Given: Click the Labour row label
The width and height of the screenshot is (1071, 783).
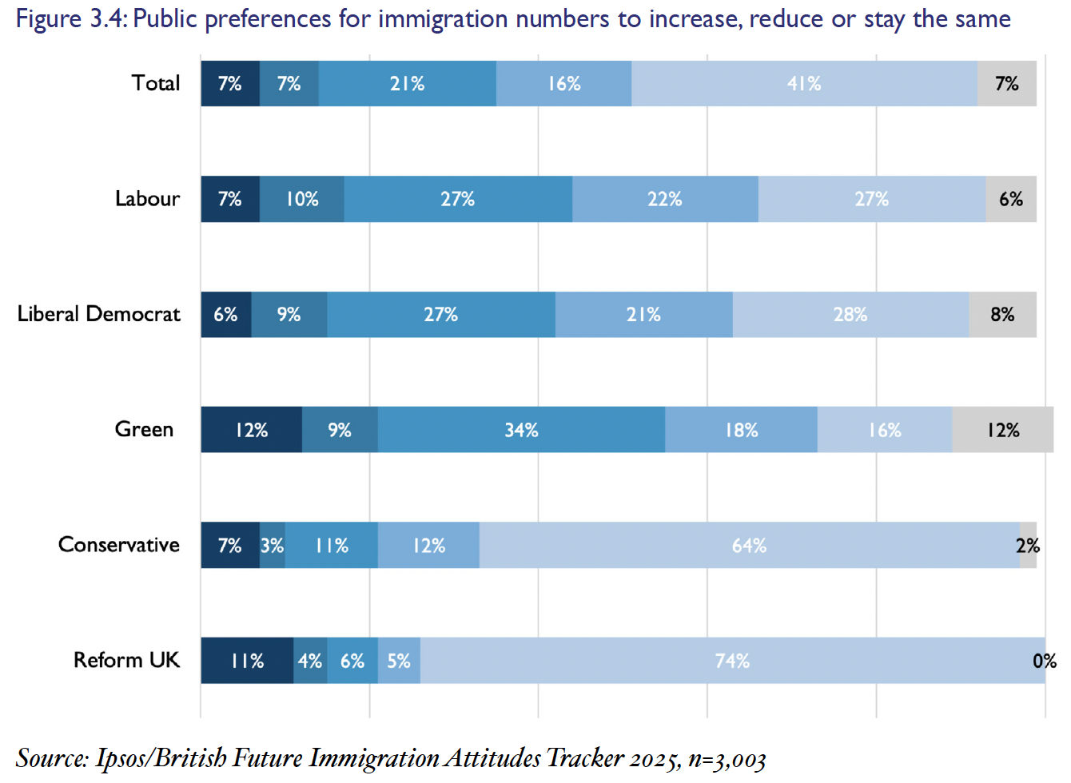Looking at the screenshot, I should (x=147, y=199).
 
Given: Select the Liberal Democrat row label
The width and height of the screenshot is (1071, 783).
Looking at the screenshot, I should (x=98, y=314).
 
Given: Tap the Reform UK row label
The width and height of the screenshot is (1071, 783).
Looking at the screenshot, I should (x=126, y=660).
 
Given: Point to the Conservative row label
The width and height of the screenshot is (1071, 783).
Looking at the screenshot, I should (x=118, y=545).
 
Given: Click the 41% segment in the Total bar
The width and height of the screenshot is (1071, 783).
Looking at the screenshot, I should (x=804, y=84).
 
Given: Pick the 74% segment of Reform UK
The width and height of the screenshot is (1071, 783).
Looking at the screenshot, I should (x=732, y=661).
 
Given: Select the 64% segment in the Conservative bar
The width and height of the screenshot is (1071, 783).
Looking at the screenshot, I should (x=749, y=546).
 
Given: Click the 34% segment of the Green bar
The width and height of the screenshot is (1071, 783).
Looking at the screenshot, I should (x=521, y=430).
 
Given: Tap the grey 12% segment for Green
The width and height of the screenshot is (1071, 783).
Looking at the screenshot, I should (x=1003, y=430).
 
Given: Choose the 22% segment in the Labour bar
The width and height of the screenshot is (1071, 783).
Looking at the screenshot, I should (x=665, y=199).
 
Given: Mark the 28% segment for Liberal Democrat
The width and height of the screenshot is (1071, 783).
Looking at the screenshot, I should (x=850, y=315).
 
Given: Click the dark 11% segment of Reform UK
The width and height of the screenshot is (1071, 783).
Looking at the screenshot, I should (x=247, y=661).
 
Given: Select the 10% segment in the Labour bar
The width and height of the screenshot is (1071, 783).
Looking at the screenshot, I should (x=302, y=199).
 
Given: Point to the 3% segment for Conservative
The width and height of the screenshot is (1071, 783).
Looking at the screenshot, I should (x=272, y=546).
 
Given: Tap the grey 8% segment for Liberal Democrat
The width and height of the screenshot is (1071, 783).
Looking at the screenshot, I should (x=1002, y=315).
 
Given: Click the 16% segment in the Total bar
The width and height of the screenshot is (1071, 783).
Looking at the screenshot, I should (x=563, y=84).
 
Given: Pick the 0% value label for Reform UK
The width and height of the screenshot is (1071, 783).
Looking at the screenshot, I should (x=1044, y=661).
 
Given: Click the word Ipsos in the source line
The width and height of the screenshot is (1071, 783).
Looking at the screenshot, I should (x=121, y=757).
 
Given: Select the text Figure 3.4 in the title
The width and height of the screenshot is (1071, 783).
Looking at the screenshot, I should (x=69, y=18).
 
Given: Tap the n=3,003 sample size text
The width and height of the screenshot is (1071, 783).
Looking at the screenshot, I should (x=727, y=759).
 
